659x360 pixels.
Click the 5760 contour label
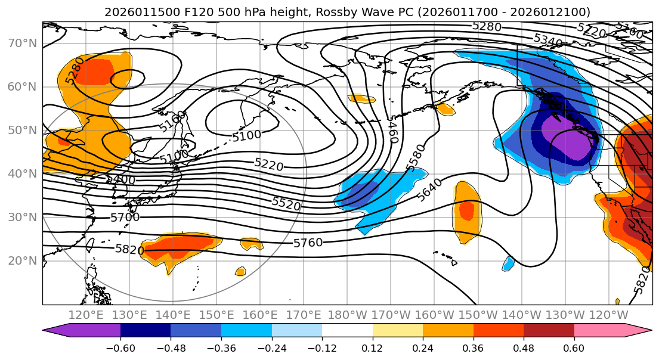pos(308,243)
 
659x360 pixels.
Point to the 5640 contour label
pos(430,190)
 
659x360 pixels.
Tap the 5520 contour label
pos(286,203)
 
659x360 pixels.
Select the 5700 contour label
pos(125,218)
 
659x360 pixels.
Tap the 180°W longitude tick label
pos(347,315)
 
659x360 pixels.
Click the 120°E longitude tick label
pos(86,315)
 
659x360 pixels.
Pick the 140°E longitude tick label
pos(174,315)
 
